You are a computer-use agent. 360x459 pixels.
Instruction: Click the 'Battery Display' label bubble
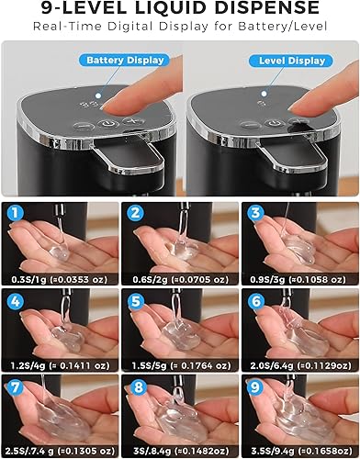(x=126, y=61)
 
